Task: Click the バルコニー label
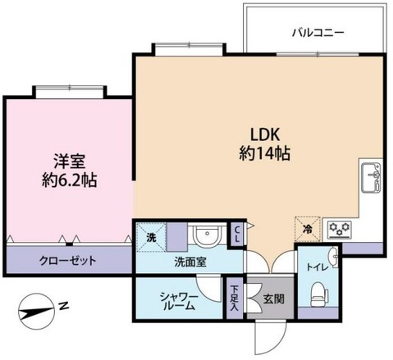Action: [318, 34]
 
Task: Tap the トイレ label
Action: [318, 266]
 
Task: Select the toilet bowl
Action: [318, 291]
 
